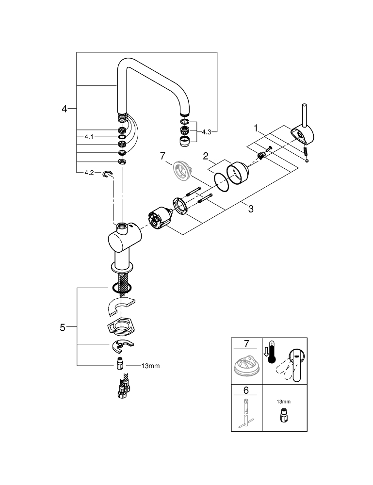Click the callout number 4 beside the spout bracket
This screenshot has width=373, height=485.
[x=64, y=109]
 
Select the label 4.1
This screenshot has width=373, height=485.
[x=89, y=137]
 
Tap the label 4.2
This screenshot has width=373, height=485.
[x=89, y=173]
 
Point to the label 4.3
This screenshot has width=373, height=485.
[x=206, y=132]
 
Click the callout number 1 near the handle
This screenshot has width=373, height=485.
[x=256, y=128]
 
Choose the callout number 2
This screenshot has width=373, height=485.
[x=206, y=156]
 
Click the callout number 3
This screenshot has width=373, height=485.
[x=251, y=209]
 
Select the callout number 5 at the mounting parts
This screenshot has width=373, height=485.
[x=63, y=327]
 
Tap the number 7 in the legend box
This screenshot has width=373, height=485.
[x=246, y=343]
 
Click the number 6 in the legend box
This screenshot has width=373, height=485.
[x=246, y=390]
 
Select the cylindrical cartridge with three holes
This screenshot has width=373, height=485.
[x=160, y=218]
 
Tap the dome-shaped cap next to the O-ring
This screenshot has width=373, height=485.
[x=238, y=174]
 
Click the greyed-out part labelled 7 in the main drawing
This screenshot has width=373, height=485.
[x=182, y=170]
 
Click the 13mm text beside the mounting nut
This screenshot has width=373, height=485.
[x=150, y=366]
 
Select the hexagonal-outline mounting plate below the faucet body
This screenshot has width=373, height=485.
[x=120, y=326]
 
